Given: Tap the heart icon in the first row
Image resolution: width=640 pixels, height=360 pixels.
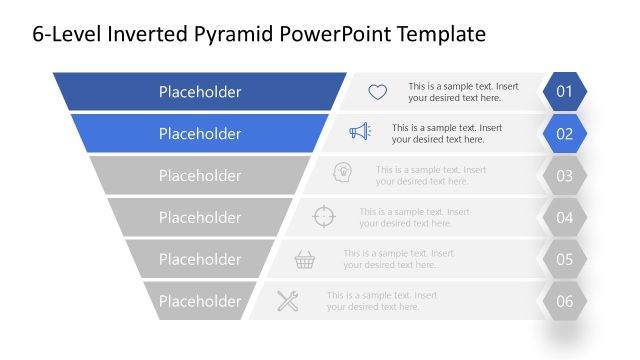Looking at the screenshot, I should click(x=377, y=92).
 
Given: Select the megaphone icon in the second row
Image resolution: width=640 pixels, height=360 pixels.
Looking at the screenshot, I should click(x=360, y=131).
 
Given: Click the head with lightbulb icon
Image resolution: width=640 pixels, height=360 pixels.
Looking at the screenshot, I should click(x=342, y=174).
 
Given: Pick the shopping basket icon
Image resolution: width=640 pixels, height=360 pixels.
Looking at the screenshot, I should click(x=305, y=260).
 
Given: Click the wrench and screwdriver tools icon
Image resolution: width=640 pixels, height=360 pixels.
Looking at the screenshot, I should click(x=288, y=300).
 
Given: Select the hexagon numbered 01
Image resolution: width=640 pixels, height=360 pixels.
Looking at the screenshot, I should click(x=565, y=92).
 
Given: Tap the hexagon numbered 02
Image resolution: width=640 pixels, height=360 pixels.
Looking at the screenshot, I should click(x=565, y=134).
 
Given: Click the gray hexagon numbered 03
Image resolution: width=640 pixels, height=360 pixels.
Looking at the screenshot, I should click(x=565, y=176).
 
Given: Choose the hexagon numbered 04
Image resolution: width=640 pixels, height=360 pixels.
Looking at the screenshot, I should click(x=565, y=217).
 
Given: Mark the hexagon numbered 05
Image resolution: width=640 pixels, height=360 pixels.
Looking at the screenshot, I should click(x=565, y=259).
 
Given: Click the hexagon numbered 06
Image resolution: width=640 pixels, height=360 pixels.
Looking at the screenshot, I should click(x=565, y=301).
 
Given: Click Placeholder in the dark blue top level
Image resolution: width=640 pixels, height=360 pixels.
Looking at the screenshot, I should click(x=200, y=92).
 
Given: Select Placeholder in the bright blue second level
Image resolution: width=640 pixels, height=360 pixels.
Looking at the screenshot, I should click(x=200, y=134).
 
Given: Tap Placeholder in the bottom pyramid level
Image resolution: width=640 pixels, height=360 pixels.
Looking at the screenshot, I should click(x=200, y=301).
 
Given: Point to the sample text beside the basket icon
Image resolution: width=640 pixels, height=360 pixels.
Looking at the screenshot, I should click(x=398, y=259).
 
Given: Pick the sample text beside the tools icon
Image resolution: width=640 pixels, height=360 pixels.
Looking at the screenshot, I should click(x=381, y=301).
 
